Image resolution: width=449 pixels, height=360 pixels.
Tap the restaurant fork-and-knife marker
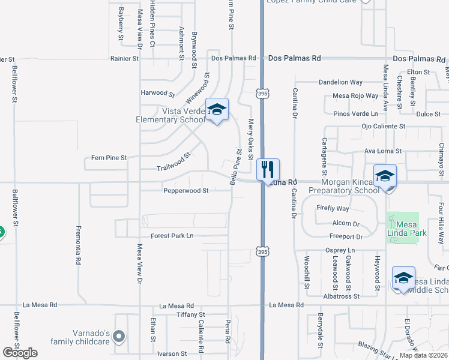268,169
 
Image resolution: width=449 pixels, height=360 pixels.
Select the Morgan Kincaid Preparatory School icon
385,176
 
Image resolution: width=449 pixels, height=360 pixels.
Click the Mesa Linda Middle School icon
403,277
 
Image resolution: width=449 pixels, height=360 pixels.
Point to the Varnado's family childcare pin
119,337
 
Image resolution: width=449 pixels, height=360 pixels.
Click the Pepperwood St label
186,191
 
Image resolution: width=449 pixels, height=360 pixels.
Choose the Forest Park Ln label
172,236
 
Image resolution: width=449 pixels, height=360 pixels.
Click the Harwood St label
157,94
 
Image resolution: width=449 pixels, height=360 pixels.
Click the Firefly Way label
334,209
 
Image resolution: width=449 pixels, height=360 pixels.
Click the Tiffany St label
191,314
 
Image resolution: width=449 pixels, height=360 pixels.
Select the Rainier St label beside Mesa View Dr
124,59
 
